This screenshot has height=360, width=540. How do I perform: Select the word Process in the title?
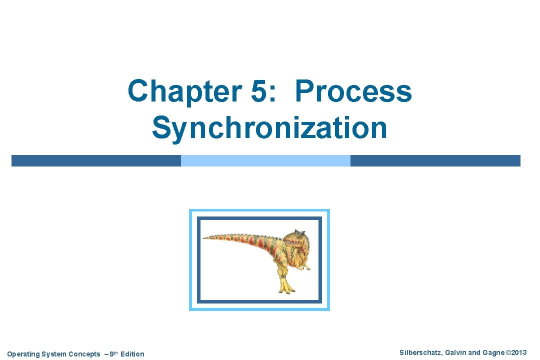353,91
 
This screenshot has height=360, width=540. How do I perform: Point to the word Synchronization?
269,127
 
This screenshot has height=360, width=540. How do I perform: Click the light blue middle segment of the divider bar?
265,160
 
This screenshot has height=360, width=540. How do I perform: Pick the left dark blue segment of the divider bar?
96,160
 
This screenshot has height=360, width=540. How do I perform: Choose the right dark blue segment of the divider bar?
435,160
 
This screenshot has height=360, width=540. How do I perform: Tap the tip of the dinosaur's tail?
205,237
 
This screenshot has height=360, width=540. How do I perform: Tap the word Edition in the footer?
132,354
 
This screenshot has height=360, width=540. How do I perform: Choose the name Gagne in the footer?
493,353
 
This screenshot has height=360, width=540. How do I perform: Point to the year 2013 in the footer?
519,353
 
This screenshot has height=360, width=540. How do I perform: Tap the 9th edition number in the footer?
112,353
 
